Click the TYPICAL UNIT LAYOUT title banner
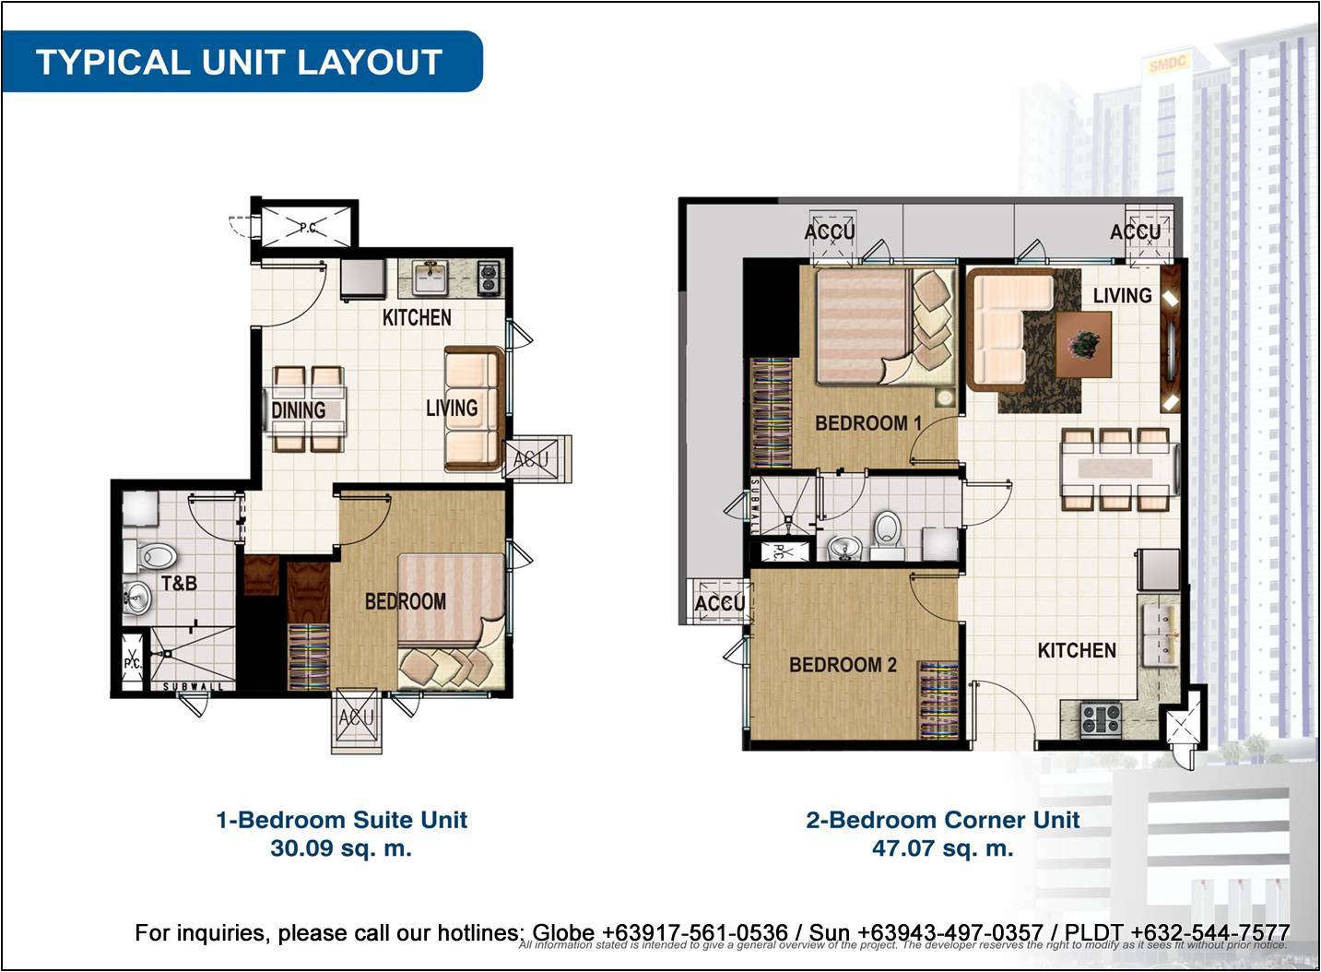coord(240,62)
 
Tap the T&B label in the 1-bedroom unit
coord(179,583)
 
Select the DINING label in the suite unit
coord(298,409)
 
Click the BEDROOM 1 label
coord(867,423)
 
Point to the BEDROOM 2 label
coord(843,665)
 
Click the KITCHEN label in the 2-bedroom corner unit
coord(1076,650)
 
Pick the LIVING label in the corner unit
coord(1122,295)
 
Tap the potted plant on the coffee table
coord(1084,344)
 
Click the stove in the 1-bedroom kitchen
coord(488,278)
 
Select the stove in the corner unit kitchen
coord(1101,717)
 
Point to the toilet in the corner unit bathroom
coord(887,533)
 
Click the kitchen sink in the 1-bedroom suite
coord(430,277)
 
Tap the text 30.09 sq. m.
coord(341,848)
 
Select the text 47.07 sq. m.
coord(942,848)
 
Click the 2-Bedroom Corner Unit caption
coord(942,820)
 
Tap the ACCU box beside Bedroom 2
coord(719,602)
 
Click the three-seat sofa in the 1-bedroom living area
coord(473,409)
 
